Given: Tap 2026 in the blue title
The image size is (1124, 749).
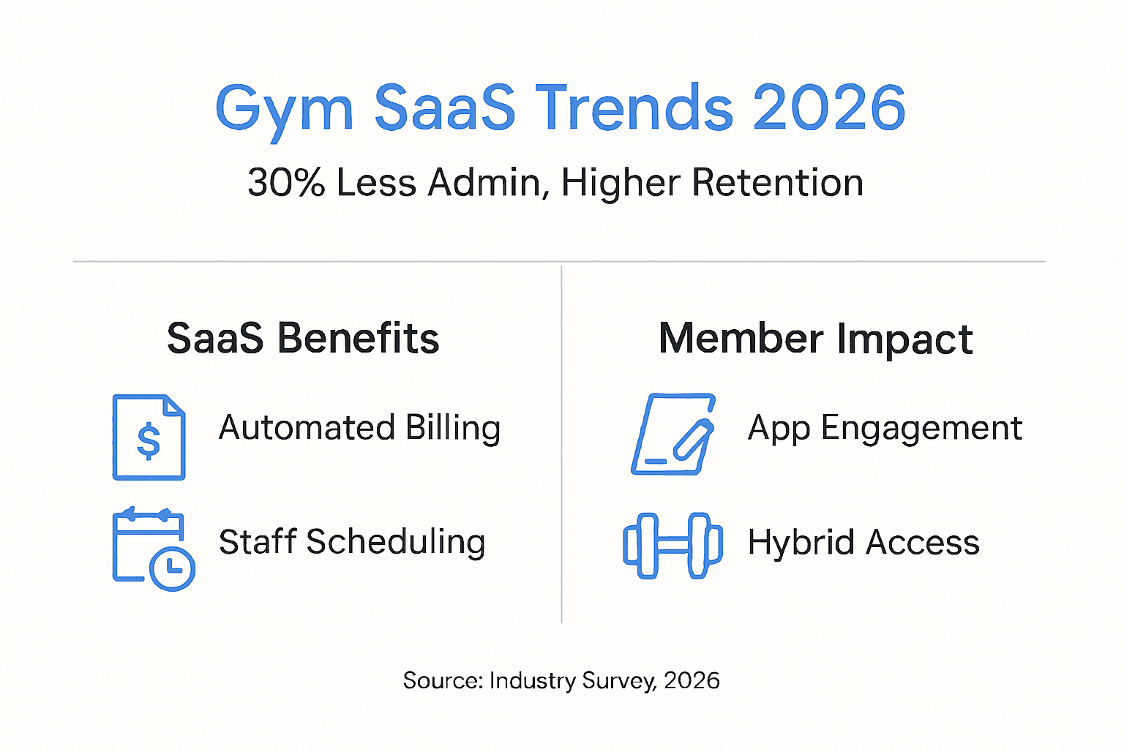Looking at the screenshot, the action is tap(829, 107).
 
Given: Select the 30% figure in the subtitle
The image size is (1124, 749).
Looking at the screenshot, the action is tap(287, 182).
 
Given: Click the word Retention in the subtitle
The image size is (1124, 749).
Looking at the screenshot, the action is tap(777, 182).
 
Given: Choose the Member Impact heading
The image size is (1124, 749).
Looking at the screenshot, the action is tap(816, 339).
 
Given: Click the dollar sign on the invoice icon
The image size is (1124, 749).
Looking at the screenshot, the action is tap(149, 441).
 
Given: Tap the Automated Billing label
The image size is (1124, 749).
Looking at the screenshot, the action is tap(360, 429).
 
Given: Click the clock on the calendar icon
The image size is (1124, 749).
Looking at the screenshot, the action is tap(172, 569).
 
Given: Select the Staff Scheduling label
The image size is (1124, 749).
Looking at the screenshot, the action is tap(352, 542).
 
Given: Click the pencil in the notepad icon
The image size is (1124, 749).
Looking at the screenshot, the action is tap(693, 440).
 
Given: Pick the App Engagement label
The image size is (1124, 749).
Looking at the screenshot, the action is tap(885, 429).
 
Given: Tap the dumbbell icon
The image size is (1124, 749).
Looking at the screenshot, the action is tap(673, 546).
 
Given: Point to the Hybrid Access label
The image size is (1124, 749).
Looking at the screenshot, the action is tap(863, 542).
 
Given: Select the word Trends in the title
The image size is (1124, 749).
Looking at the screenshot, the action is tap(634, 108).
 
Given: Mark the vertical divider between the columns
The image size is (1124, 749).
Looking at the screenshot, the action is tap(561, 444).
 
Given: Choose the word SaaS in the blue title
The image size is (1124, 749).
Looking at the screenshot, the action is tap(445, 108).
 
